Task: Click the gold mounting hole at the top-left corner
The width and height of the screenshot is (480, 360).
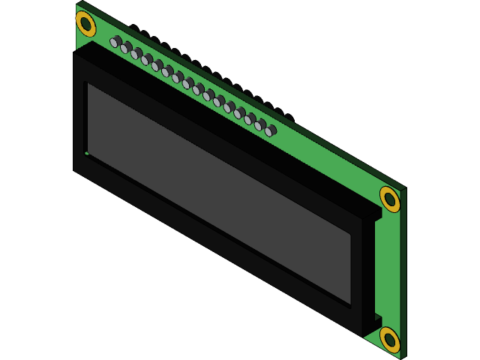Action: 86,23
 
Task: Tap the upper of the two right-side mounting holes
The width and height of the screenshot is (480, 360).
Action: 389,199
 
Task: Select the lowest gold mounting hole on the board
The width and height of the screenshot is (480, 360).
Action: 389,339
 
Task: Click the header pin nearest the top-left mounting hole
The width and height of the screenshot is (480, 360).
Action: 115,42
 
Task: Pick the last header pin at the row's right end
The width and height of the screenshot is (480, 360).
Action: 270,130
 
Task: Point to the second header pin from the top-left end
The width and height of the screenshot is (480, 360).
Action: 126,48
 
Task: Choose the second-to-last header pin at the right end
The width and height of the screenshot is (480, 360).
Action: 260,125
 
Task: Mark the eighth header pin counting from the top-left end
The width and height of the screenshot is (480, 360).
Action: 187,83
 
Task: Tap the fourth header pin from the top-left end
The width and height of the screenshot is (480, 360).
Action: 146,59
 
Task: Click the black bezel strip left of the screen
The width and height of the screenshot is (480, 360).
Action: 79,112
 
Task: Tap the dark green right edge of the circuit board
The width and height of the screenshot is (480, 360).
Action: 402,270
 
